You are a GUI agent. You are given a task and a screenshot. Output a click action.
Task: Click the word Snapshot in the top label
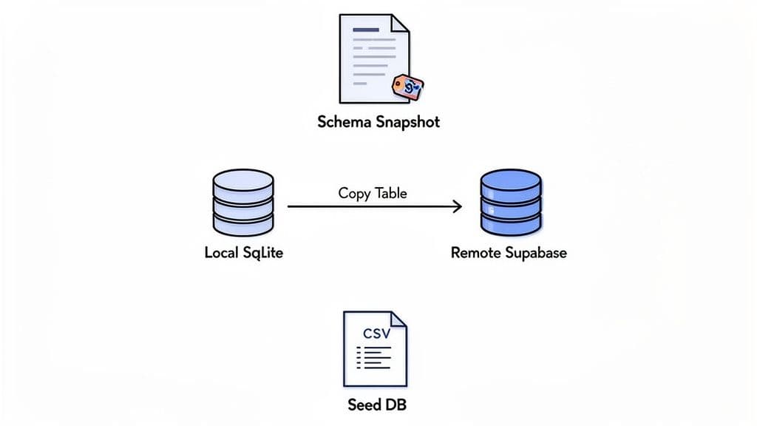(x=408, y=122)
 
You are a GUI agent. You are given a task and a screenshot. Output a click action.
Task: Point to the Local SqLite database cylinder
(x=243, y=201)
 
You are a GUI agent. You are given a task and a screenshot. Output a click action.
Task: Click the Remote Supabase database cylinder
(x=511, y=201)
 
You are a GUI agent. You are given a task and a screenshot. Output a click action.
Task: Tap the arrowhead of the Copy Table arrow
(x=457, y=206)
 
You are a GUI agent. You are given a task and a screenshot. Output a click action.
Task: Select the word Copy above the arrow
(x=354, y=193)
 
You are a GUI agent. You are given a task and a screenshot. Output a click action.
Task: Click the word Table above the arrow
(x=390, y=193)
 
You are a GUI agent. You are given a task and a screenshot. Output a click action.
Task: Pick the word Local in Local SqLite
(x=221, y=253)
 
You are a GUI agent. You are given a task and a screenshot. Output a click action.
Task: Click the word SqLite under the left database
(x=262, y=253)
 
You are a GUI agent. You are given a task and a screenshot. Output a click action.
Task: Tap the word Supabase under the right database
(x=537, y=253)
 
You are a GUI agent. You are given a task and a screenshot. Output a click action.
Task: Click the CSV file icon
(x=375, y=348)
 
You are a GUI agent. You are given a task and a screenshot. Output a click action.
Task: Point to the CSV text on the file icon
(x=377, y=333)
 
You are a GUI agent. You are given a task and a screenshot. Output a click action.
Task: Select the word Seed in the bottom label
(x=364, y=405)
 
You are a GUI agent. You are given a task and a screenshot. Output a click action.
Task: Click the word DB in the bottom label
(x=395, y=405)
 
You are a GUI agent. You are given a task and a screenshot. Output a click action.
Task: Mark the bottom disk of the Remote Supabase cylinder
(x=511, y=220)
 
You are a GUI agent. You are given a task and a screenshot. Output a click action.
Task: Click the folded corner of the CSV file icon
(x=398, y=319)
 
